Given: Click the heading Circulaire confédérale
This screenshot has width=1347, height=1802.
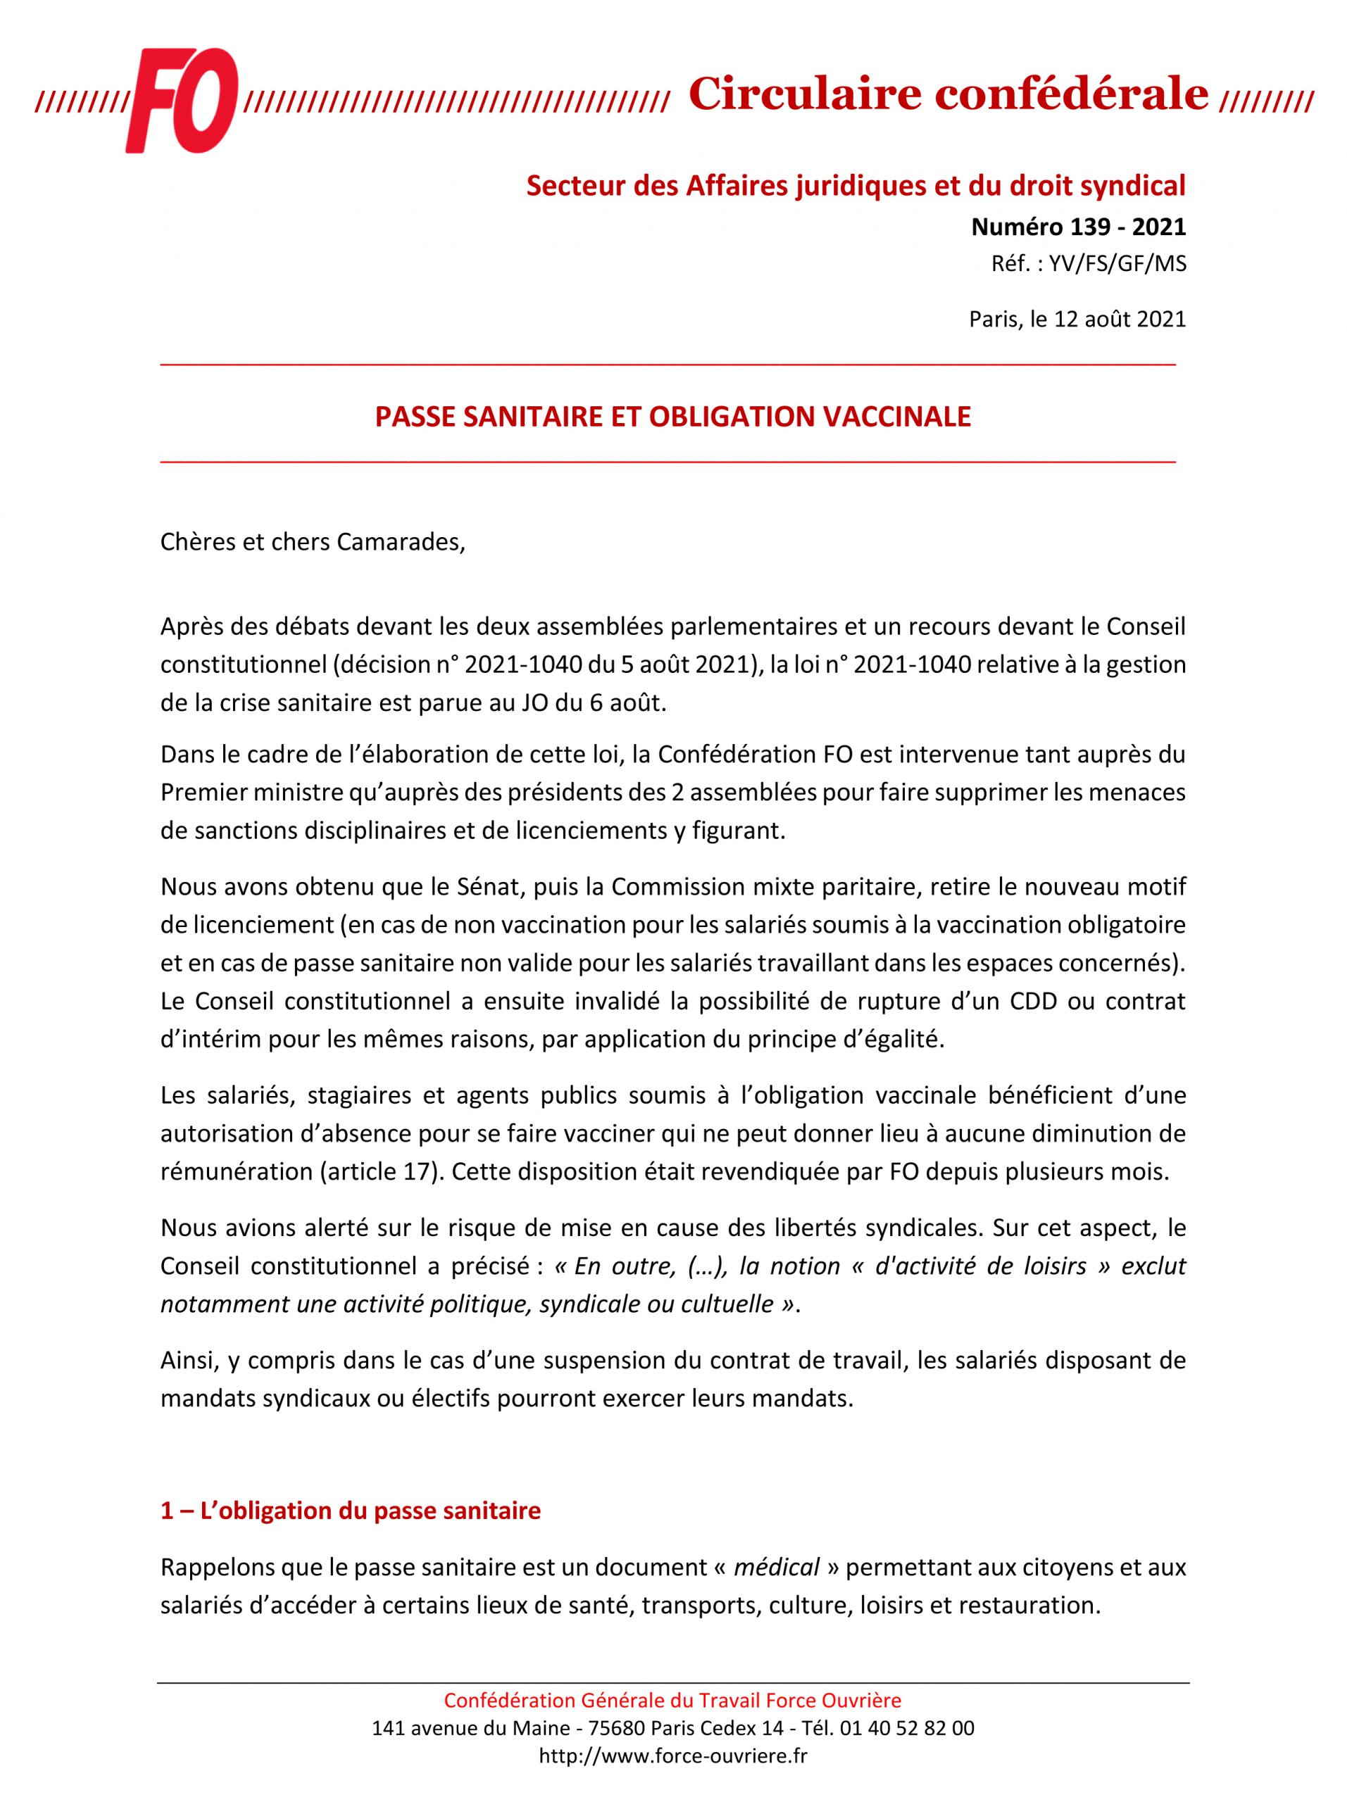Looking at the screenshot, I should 948,94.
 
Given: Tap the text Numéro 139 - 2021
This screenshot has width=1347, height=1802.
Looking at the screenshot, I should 1077,227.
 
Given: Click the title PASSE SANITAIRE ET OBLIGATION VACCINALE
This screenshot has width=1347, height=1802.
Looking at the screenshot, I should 672,417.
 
